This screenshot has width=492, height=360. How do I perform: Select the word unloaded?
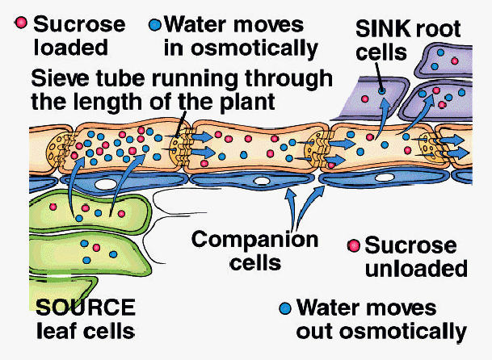[416, 267]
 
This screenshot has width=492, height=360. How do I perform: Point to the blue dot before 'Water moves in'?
[154, 20]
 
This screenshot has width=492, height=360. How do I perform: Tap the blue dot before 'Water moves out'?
[284, 308]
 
